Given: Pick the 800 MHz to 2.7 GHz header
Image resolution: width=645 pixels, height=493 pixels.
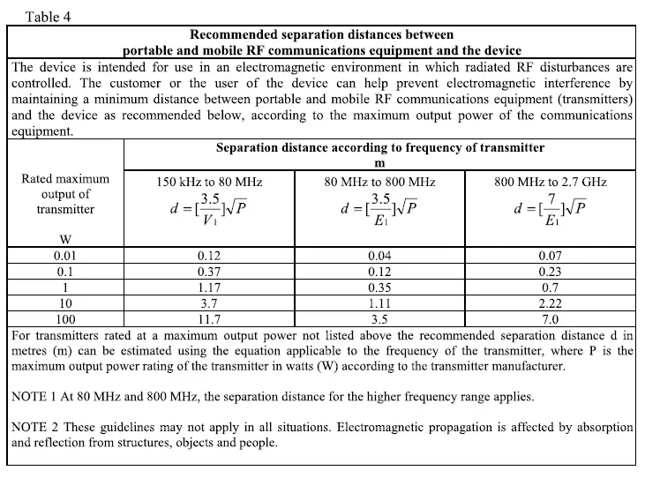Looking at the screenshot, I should tap(551, 182).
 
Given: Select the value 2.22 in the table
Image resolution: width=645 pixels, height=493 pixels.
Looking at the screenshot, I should tap(551, 303).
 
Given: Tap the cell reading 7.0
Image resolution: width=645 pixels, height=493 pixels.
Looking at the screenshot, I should tap(551, 319).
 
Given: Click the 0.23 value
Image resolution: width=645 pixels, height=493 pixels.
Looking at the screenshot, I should tap(551, 272).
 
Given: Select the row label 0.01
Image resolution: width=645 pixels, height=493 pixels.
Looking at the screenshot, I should tap(65, 256).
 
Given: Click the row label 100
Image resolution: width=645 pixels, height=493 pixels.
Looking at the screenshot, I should tap(65, 319).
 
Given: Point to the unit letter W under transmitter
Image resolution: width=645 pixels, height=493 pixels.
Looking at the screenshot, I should tap(64, 239).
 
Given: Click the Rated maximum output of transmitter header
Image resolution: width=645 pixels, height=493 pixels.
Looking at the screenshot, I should tap(65, 194).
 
